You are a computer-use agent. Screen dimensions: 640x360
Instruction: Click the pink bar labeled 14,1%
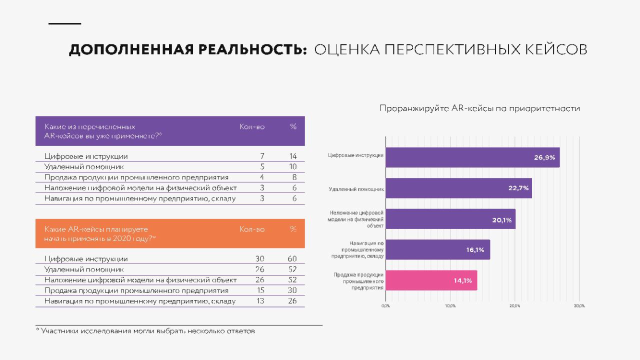click(x=431, y=280)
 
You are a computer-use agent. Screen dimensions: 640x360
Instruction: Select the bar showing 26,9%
click(x=472, y=157)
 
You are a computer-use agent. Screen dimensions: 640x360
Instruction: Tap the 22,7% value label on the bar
click(x=518, y=188)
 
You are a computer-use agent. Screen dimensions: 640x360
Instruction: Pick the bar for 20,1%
click(x=450, y=219)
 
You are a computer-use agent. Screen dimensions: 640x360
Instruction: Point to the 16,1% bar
click(x=437, y=249)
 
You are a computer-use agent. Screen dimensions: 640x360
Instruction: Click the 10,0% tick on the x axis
click(x=450, y=306)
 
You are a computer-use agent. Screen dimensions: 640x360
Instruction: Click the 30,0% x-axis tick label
click(x=579, y=306)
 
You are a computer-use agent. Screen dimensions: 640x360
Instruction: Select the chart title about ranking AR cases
click(x=479, y=108)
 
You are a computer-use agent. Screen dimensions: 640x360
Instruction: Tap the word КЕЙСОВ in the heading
click(x=556, y=49)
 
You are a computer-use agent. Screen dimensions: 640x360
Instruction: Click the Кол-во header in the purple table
click(x=252, y=126)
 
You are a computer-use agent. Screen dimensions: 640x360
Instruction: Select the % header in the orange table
click(x=293, y=229)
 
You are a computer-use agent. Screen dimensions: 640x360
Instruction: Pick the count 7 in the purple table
click(x=262, y=156)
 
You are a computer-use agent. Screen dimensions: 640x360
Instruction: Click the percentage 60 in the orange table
click(x=292, y=259)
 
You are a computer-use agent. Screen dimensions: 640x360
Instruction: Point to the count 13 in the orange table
click(x=260, y=301)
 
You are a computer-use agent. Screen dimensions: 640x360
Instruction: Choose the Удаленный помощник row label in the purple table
click(x=84, y=167)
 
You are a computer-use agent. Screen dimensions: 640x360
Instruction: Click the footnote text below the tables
click(x=145, y=331)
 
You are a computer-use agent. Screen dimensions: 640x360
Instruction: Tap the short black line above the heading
click(x=65, y=23)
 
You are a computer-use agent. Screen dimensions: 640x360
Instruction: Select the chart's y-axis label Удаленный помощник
click(x=356, y=189)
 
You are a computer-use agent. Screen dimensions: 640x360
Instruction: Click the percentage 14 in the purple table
click(x=293, y=156)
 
